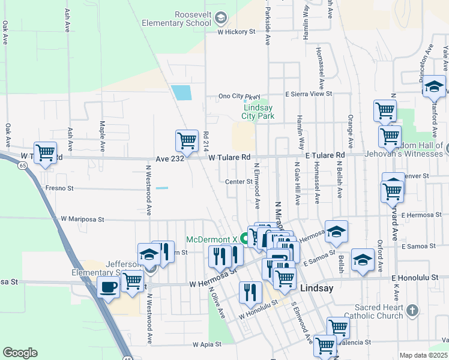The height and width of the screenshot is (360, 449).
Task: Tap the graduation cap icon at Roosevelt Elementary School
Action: (221, 19)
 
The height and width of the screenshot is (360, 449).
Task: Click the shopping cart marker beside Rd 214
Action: (187, 141)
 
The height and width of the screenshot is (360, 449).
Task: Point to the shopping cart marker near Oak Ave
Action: (45, 152)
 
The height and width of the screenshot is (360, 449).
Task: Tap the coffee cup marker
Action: (108, 287)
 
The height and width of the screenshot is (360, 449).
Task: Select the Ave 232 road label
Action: (169, 157)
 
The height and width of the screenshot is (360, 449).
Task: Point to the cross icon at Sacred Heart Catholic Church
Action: (411, 310)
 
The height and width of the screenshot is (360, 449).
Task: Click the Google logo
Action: (20, 352)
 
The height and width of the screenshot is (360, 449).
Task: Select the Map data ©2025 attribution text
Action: (423, 355)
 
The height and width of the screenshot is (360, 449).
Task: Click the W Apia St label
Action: (207, 345)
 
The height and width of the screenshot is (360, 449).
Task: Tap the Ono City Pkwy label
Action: (240, 96)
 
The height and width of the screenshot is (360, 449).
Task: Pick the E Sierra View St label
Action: (309, 94)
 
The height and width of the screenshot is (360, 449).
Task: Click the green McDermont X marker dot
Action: (245, 238)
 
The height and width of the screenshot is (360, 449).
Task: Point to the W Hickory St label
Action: (233, 32)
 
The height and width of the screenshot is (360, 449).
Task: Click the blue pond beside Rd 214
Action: (181, 92)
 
